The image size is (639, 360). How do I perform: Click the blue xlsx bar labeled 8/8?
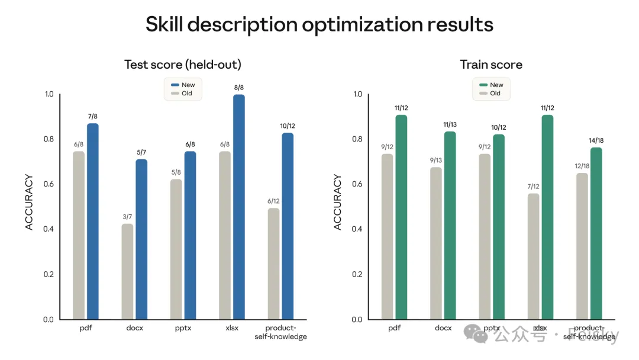[238, 207]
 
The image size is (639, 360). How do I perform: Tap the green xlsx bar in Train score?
[547, 217]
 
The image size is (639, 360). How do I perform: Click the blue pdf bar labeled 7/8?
[93, 221]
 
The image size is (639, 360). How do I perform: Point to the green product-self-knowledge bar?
[596, 233]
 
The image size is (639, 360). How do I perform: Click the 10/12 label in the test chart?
[288, 126]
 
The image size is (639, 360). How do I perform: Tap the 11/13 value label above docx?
[450, 125]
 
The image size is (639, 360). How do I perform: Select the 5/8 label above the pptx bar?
[176, 173]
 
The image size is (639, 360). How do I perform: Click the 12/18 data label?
[582, 166]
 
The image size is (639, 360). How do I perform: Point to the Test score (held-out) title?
[183, 65]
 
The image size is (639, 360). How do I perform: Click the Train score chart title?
[491, 65]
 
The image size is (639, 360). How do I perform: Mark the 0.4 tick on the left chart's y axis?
[49, 229]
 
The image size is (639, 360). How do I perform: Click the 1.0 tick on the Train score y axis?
[357, 94]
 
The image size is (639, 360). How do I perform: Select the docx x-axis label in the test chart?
[134, 328]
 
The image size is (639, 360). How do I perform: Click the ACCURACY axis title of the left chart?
[30, 202]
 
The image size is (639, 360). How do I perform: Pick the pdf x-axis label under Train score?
[394, 328]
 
